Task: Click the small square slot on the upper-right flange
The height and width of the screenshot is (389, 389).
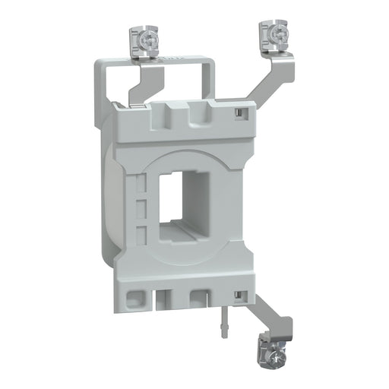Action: [239, 113]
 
